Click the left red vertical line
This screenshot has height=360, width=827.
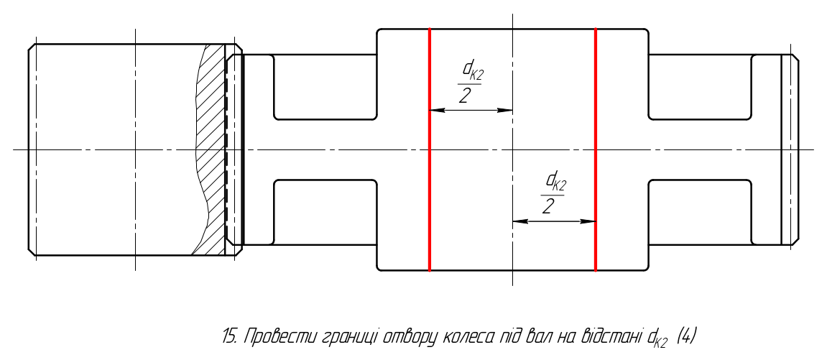(430, 149)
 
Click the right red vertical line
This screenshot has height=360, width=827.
(596, 149)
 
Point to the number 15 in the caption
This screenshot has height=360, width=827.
(228, 336)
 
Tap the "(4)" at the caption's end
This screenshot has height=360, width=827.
(685, 336)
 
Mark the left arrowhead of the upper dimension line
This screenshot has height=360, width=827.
(436, 111)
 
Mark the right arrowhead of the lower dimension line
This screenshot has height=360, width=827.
(588, 221)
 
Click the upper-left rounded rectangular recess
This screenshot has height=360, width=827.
(325, 87)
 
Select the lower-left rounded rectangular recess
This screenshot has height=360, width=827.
(325, 213)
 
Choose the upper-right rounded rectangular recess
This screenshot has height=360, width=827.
(700, 87)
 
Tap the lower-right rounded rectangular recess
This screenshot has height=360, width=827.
(700, 213)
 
